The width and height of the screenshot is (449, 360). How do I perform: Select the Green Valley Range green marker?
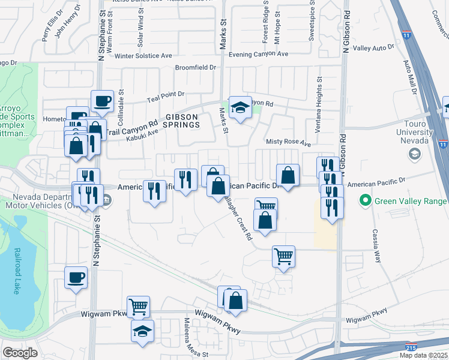[364, 200]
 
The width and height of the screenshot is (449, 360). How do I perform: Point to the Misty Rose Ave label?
[289, 144]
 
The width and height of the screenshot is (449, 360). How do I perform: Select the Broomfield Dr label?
[195, 68]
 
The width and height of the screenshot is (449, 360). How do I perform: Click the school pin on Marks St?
[240, 107]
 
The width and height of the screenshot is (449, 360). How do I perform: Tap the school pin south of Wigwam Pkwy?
[143, 331]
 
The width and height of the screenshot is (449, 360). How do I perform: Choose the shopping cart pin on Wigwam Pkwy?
[138, 307]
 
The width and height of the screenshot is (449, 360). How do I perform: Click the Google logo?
[20, 352]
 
